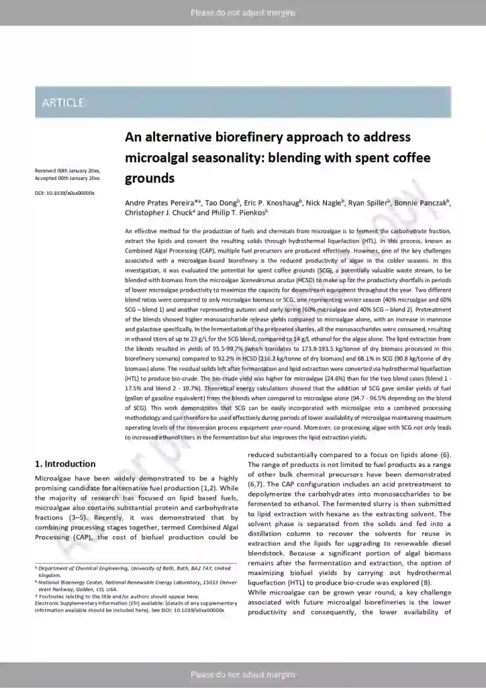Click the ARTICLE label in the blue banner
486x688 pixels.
pos(63,103)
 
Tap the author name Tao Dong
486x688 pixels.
pos(221,202)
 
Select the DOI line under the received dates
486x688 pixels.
pos(64,193)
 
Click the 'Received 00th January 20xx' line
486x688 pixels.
pos(67,172)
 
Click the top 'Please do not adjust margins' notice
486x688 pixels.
pos(243,13)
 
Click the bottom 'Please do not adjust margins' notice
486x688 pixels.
pos(243,674)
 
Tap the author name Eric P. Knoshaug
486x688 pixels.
pos(272,202)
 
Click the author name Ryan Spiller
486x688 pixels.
pos(368,202)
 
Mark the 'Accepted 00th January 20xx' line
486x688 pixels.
pos(67,179)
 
